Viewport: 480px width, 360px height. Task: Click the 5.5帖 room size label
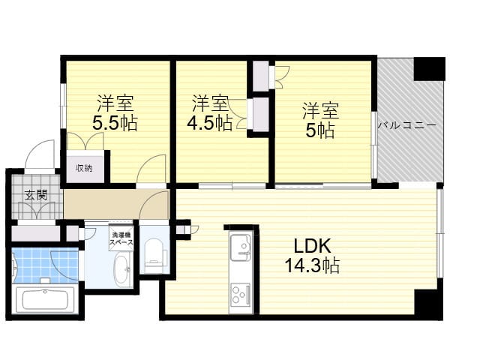[x=114, y=124]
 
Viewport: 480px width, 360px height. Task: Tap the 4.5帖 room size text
[x=211, y=123]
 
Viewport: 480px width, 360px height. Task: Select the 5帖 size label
[x=320, y=130]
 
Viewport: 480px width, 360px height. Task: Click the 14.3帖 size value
[x=312, y=265]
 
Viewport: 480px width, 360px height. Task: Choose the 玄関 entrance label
[x=35, y=196]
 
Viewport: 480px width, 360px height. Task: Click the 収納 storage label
[x=83, y=168]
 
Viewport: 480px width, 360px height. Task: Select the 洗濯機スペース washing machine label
[x=121, y=238]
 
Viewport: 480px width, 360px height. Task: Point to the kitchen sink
[x=241, y=246]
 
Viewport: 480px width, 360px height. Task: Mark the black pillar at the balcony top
[x=430, y=68]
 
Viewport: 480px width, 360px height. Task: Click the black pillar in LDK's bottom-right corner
[x=428, y=303]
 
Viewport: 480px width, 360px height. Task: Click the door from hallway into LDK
[x=157, y=205]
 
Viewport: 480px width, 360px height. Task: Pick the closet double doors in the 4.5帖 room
[x=240, y=114]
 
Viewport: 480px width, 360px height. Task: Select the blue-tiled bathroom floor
[x=45, y=264]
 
